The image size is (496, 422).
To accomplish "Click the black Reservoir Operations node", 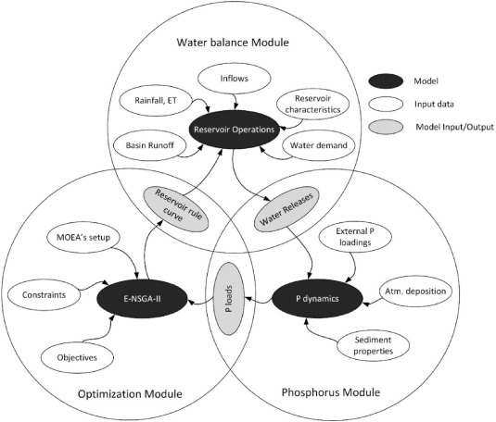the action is click(x=235, y=130).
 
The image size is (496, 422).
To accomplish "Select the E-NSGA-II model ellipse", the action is click(x=142, y=299).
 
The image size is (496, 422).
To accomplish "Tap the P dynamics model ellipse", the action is click(x=317, y=299).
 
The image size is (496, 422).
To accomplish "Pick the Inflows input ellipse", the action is click(x=234, y=79).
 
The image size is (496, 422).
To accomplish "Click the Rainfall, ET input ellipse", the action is click(x=156, y=101).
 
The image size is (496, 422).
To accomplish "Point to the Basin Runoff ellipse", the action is click(x=150, y=145).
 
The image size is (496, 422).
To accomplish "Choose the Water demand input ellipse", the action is click(x=319, y=145).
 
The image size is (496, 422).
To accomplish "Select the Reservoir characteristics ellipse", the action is click(x=312, y=104).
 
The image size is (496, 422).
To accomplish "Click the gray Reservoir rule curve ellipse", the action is click(x=176, y=209).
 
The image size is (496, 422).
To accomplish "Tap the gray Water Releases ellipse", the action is click(x=286, y=209).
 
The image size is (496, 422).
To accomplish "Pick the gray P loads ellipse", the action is click(x=229, y=299).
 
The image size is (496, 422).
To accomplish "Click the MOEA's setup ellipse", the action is click(x=83, y=237).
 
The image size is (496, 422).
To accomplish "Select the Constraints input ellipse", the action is click(x=44, y=295).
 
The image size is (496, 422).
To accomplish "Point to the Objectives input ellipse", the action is click(x=77, y=357).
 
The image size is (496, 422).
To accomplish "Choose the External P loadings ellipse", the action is click(x=355, y=237).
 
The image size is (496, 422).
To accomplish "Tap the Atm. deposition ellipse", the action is click(x=415, y=292).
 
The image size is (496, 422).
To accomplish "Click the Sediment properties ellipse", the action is click(x=373, y=345).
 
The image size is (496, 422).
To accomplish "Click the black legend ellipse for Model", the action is click(x=386, y=81).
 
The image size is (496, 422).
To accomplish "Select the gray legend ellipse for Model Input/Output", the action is click(x=386, y=127).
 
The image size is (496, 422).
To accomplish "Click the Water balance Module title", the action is click(x=233, y=43).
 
